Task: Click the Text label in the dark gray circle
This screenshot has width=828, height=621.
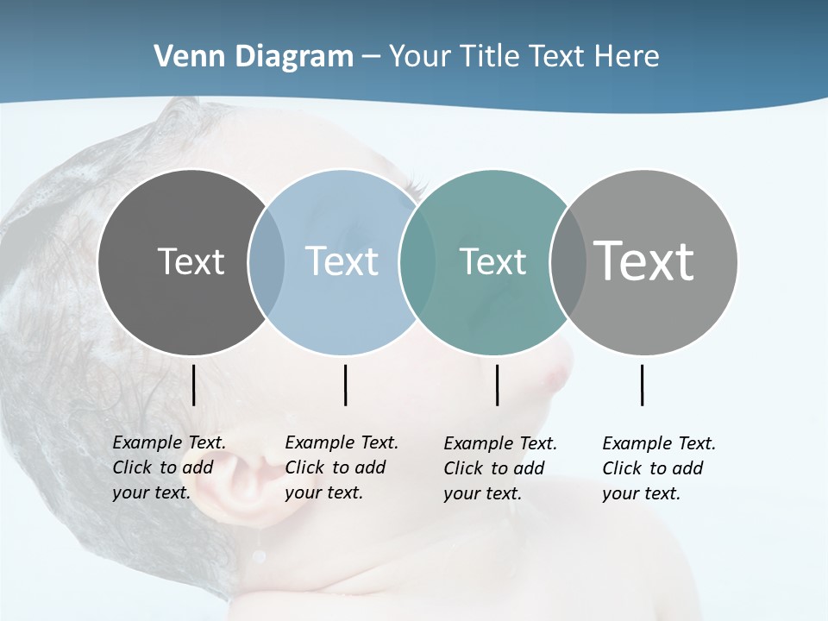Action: [x=191, y=261]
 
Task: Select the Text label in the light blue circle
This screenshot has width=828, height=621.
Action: [x=342, y=261]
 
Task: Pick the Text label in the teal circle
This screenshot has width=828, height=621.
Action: [x=492, y=261]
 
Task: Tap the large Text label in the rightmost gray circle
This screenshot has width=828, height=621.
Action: [x=644, y=261]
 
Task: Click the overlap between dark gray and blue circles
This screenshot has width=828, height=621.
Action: [x=267, y=261]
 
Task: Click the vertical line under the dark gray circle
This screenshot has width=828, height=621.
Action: [x=194, y=385]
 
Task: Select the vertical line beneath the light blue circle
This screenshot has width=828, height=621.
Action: [x=345, y=385]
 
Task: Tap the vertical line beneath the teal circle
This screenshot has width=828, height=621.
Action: [x=497, y=385]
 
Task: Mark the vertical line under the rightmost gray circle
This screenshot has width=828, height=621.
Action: [x=642, y=385]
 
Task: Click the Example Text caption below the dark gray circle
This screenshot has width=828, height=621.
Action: [x=169, y=467]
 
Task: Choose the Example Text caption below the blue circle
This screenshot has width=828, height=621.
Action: [x=342, y=467]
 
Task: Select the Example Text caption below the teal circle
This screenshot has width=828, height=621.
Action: [x=500, y=468]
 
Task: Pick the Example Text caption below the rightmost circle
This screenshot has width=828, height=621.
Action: [x=659, y=468]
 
